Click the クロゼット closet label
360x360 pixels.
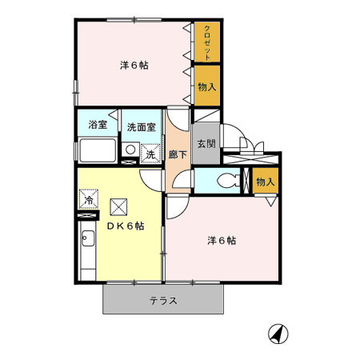(207, 44)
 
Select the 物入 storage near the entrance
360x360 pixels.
(265, 182)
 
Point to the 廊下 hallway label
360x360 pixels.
(178, 155)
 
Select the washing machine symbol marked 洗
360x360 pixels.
(150, 152)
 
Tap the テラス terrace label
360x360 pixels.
(162, 302)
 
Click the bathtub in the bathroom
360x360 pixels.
(98, 150)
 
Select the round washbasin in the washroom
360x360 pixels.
(129, 150)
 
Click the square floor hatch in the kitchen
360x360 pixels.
(118, 206)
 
